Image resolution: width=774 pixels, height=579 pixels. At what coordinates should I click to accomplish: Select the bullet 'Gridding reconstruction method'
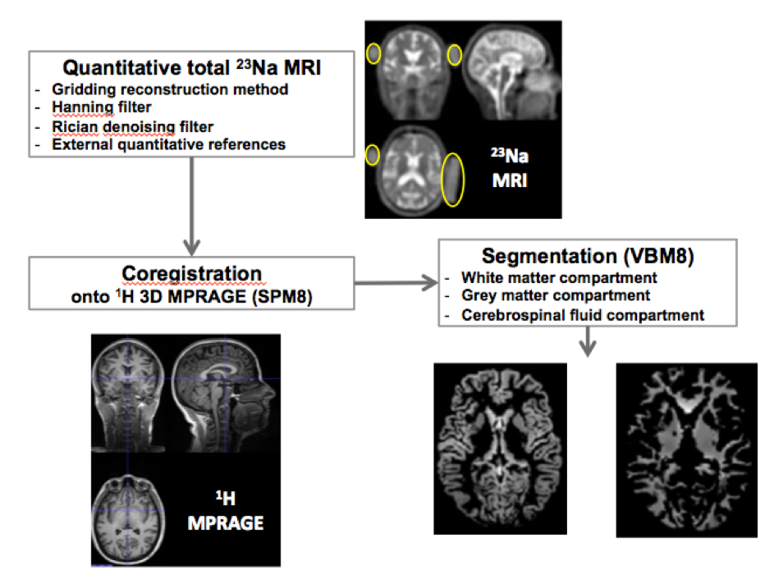pos(170,89)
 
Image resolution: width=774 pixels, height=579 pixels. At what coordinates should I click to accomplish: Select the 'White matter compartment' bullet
pos(559,277)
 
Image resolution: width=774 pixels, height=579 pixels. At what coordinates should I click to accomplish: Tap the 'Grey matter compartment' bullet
pos(555,295)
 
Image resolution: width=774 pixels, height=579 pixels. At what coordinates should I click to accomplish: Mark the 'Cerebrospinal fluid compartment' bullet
pos(582,313)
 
